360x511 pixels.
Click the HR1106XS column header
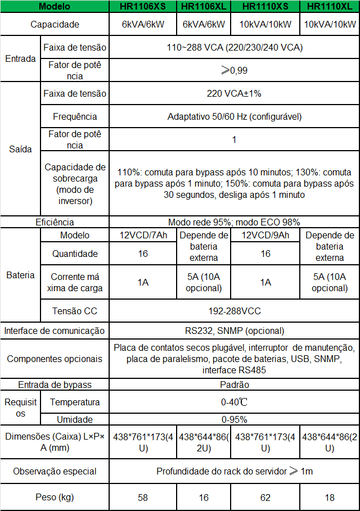point(143,7)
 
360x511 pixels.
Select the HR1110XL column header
point(330,7)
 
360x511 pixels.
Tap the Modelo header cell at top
point(55,7)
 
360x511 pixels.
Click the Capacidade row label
point(55,25)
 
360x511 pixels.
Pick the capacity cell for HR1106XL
point(204,25)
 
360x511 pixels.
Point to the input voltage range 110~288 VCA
point(235,47)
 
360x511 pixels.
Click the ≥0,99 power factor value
point(235,70)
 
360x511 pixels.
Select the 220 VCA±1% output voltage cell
point(235,93)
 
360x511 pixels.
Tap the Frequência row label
point(75,116)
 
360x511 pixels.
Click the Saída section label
point(20,150)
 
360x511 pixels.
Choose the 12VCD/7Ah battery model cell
point(143,235)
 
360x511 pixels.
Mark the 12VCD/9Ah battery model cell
point(265,235)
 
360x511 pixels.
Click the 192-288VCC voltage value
point(235,311)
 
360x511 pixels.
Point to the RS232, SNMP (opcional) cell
point(235,331)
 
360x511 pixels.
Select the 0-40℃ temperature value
point(235,403)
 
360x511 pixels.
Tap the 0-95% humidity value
point(235,419)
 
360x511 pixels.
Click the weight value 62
point(265,498)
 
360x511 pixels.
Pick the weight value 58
point(143,498)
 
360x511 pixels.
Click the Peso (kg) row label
point(55,498)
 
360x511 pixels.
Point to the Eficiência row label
point(55,222)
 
